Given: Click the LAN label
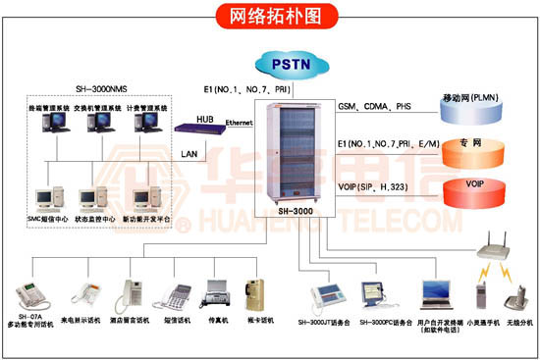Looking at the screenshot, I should (189, 154).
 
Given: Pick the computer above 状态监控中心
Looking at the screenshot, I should (95, 196).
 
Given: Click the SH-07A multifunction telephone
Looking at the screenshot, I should (30, 293).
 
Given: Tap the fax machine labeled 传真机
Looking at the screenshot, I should (216, 291).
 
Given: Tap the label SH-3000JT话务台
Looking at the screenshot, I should (324, 321).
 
